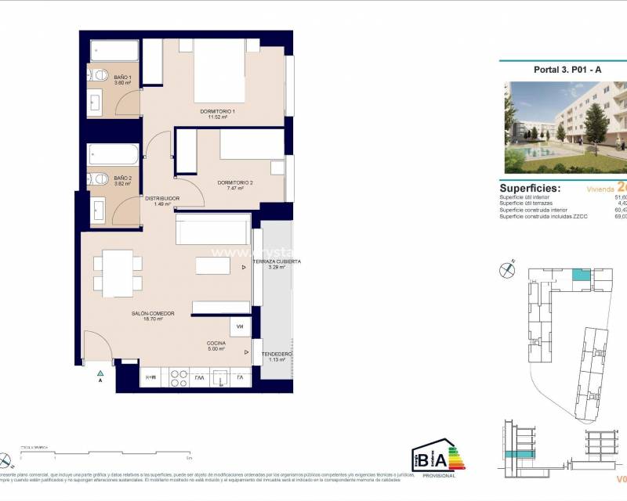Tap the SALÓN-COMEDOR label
(153, 315)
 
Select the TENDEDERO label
(276, 355)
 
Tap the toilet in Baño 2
(98, 179)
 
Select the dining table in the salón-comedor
(118, 271)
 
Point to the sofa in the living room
(213, 232)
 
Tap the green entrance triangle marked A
(100, 374)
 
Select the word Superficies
(530, 189)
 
